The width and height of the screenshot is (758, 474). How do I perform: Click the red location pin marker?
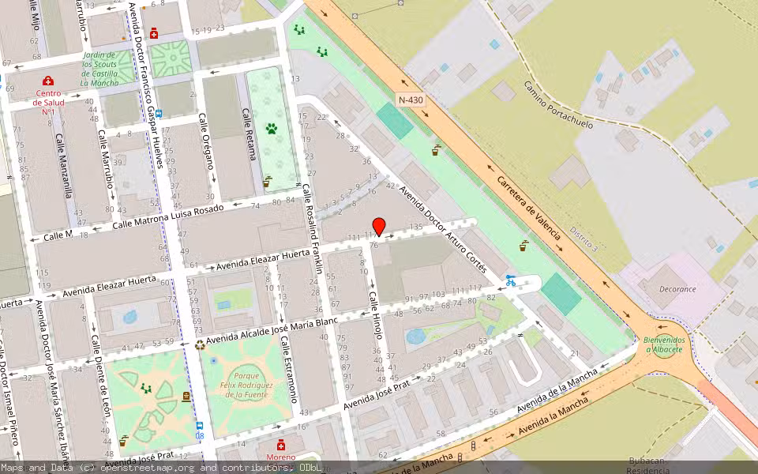tap(378, 226)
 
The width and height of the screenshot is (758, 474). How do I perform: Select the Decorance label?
tap(677, 289)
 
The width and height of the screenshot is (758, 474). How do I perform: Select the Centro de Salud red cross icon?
tap(48, 81)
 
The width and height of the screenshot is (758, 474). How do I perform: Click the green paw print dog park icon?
tap(272, 127)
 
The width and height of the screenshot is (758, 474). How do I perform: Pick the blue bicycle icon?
tap(511, 280)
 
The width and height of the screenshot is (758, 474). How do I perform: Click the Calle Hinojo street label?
tap(375, 314)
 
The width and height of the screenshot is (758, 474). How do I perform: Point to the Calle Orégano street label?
tap(207, 141)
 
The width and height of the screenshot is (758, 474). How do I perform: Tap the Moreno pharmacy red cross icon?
tap(281, 445)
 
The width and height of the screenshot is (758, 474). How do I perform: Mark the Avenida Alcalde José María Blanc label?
tap(272, 331)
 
